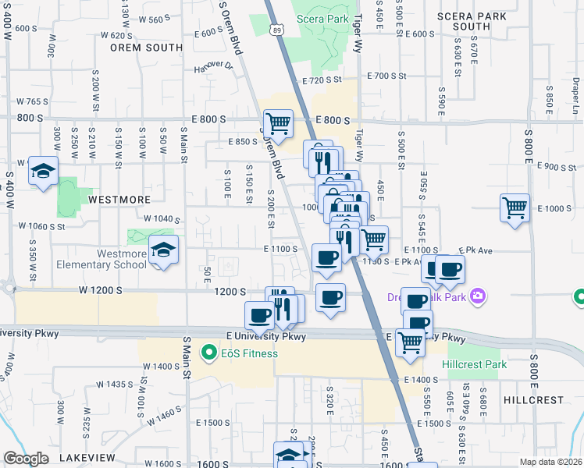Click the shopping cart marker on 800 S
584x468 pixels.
(277, 123)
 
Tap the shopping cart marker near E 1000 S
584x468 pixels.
(515, 208)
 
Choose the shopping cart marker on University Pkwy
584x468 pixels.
(411, 342)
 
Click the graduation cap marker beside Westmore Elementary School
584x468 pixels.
(163, 250)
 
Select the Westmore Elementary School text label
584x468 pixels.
(121, 259)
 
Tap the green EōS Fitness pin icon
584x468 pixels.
(208, 353)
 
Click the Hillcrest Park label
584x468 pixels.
(474, 364)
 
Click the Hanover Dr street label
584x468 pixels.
(213, 68)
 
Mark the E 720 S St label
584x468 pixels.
(322, 80)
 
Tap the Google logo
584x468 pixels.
(26, 459)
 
